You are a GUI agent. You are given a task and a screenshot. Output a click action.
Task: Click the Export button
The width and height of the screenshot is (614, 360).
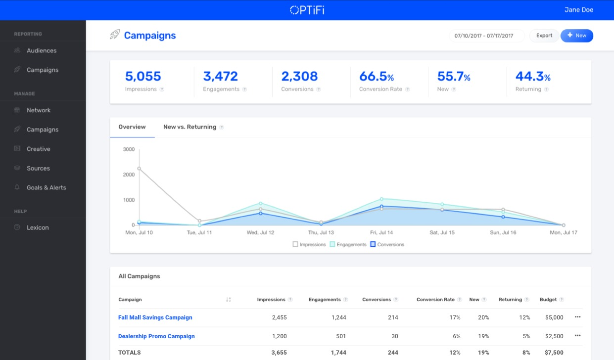[x=544, y=36]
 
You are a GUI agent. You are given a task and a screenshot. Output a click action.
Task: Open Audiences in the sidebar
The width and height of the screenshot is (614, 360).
[x=42, y=50]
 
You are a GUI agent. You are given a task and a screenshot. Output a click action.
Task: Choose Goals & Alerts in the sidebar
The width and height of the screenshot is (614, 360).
[x=46, y=187]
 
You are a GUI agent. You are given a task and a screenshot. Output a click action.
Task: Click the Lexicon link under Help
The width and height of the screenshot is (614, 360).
[x=38, y=227]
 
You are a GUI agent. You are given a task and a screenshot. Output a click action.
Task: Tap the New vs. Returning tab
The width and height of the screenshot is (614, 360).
[x=189, y=127]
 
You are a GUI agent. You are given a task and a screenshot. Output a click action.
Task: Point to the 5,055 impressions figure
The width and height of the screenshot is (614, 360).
[x=143, y=76]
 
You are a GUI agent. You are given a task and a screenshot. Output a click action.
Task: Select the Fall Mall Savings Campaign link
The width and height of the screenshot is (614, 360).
[x=155, y=317]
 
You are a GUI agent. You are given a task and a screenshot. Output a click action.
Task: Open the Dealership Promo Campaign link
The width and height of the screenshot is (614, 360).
[x=156, y=336]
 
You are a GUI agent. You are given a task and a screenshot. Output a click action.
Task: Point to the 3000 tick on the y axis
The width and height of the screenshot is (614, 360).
[x=129, y=149]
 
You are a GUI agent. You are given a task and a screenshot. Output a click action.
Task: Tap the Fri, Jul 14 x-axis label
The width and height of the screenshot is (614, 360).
[x=381, y=232]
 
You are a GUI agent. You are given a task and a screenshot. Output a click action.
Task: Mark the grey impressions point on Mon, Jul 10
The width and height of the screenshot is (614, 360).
[x=139, y=169]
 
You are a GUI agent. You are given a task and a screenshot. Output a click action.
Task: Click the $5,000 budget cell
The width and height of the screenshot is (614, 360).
[x=554, y=317]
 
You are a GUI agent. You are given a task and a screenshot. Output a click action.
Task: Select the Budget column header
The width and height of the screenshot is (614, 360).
[x=548, y=300]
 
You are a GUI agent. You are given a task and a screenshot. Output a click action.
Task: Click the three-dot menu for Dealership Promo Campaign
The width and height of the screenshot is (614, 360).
[x=577, y=336]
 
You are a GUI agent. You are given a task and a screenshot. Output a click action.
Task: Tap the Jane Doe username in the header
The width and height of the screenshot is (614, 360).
[x=578, y=10]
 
